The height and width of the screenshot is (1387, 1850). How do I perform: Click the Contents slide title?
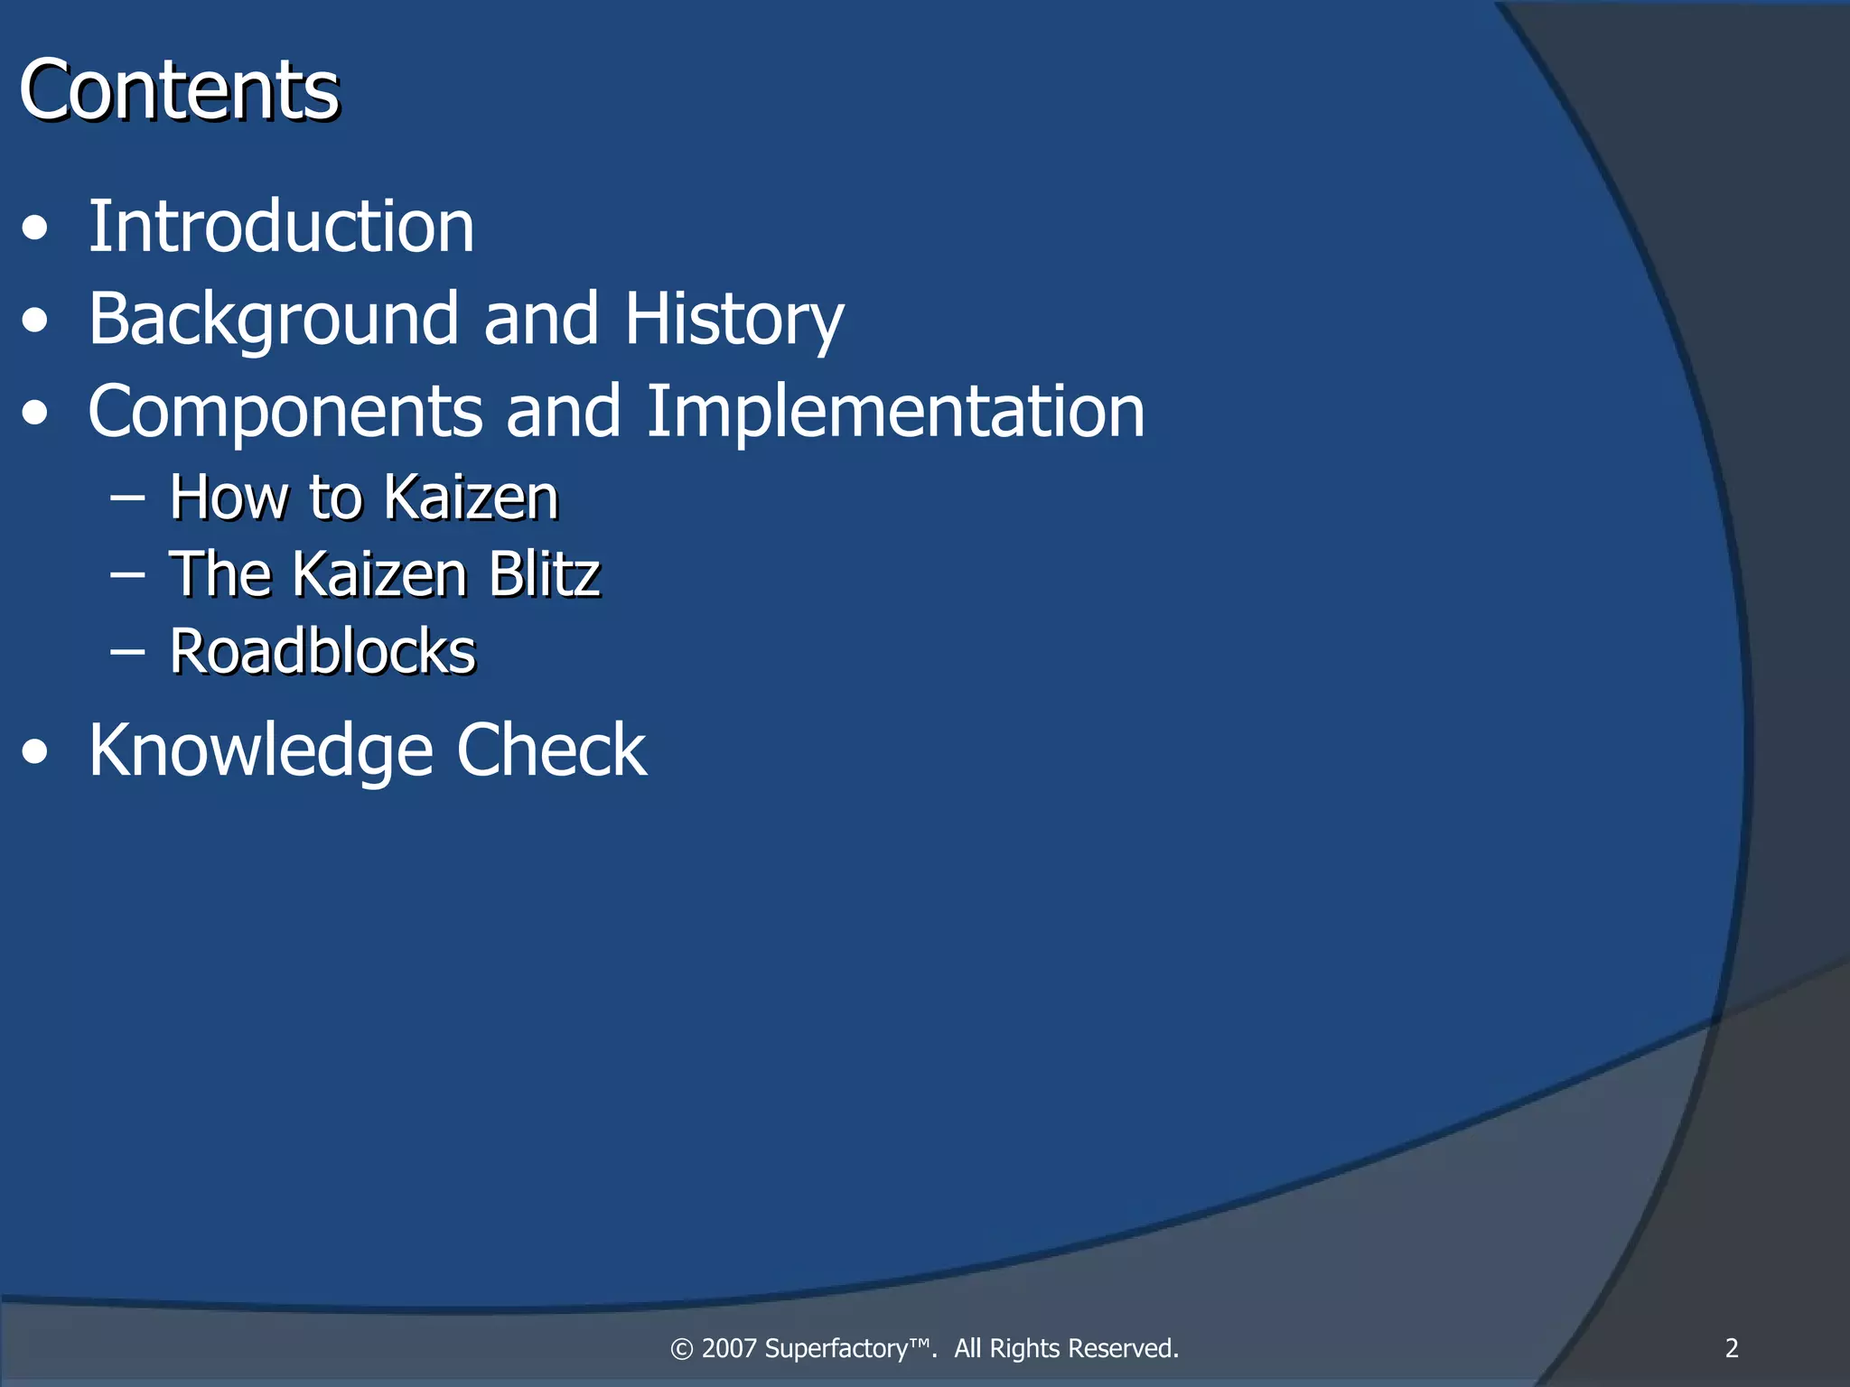tap(179, 90)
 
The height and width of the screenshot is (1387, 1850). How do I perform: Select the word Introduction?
tap(281, 228)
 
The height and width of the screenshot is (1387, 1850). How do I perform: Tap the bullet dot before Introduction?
tap(35, 228)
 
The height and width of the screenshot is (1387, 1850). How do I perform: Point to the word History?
tap(734, 320)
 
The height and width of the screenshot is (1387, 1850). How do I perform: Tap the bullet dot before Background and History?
tap(35, 321)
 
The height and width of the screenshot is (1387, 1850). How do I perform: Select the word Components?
tap(285, 413)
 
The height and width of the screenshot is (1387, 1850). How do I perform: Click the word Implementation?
tap(895, 413)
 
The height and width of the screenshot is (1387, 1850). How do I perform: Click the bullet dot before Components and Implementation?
tap(35, 413)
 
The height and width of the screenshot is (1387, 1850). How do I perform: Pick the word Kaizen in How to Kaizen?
tap(471, 498)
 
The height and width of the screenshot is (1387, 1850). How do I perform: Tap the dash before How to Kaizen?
tap(127, 496)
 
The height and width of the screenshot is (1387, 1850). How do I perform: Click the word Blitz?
tap(544, 574)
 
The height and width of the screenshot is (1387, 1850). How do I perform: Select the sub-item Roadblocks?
tap(322, 651)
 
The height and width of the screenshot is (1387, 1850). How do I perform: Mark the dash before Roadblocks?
tap(127, 650)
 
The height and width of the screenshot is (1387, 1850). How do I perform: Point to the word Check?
tap(551, 751)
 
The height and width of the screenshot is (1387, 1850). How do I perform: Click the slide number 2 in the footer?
tap(1732, 1348)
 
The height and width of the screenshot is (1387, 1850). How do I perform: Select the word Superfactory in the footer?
tap(847, 1348)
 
